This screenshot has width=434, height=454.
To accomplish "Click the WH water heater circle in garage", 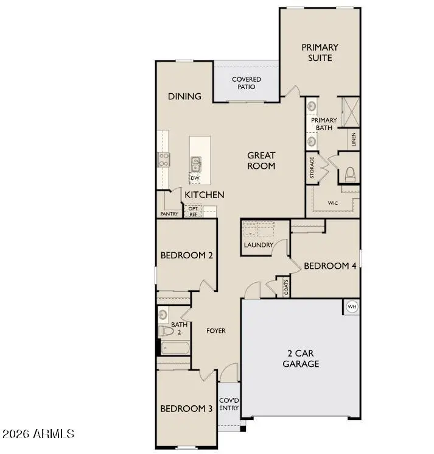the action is point(352,307).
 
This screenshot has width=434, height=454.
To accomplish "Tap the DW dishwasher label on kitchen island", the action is point(195,178).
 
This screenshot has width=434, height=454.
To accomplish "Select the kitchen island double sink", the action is point(196,164).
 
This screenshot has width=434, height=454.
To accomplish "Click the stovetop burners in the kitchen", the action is point(163,160).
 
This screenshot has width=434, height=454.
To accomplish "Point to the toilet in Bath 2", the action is point(166,330).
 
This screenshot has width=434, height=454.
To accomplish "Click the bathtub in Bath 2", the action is point(175,347).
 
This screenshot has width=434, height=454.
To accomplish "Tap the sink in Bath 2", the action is point(163,314).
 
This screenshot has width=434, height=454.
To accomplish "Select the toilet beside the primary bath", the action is point(349,174).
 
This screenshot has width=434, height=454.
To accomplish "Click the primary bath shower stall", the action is point(351,112).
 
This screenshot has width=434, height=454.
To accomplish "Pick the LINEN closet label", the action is point(354,140).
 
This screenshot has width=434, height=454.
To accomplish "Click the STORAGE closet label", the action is point(312,168).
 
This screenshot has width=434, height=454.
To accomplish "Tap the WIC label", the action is point(333,203).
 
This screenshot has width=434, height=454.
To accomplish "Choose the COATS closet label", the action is point(286,287).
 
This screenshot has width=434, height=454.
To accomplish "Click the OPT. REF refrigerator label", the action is point(193,211).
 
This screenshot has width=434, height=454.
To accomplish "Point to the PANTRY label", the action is point(169,214).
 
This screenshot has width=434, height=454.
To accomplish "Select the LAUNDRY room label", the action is point(259,245).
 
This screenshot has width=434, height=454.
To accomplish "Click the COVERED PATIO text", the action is point(247,83).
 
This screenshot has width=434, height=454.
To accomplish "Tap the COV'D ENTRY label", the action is point(229,404).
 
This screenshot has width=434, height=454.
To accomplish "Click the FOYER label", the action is point(216,331).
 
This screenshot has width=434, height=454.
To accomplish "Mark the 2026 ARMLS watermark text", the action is point(38,434).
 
